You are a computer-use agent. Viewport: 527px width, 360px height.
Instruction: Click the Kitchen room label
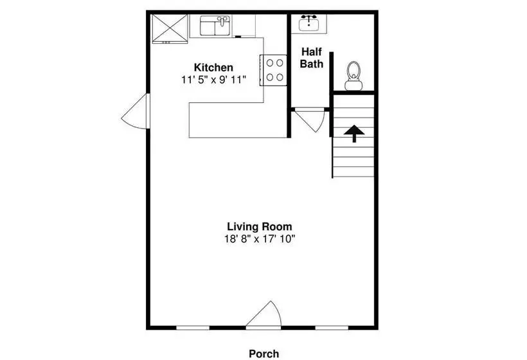click(x=213, y=67)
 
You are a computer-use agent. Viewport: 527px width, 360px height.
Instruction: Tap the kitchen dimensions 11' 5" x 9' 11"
click(x=214, y=80)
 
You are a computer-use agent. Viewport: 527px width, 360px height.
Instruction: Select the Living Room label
click(x=260, y=226)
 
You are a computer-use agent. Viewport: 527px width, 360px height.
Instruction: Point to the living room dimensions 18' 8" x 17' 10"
click(x=260, y=239)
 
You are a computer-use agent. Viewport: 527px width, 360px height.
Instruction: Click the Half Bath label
click(x=312, y=58)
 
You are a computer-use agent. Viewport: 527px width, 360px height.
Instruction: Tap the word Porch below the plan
click(x=264, y=354)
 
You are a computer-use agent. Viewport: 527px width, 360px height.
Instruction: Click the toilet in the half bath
click(x=353, y=76)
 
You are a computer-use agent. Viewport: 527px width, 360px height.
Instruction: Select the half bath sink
click(x=309, y=23)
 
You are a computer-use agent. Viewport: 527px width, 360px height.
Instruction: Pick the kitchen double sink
click(x=215, y=26)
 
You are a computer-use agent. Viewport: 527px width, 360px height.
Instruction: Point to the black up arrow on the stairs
click(x=354, y=134)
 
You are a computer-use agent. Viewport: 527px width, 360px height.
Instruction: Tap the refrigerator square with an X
click(x=170, y=28)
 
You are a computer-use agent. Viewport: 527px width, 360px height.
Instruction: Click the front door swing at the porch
click(x=264, y=314)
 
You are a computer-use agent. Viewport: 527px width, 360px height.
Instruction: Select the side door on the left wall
click(x=135, y=111)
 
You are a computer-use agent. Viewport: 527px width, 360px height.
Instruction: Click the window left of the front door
click(x=193, y=328)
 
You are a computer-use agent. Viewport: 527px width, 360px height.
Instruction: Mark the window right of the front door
click(x=332, y=328)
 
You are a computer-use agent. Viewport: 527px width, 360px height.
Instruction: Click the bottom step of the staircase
click(x=353, y=172)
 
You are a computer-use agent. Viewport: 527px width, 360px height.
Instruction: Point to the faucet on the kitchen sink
click(x=222, y=21)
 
